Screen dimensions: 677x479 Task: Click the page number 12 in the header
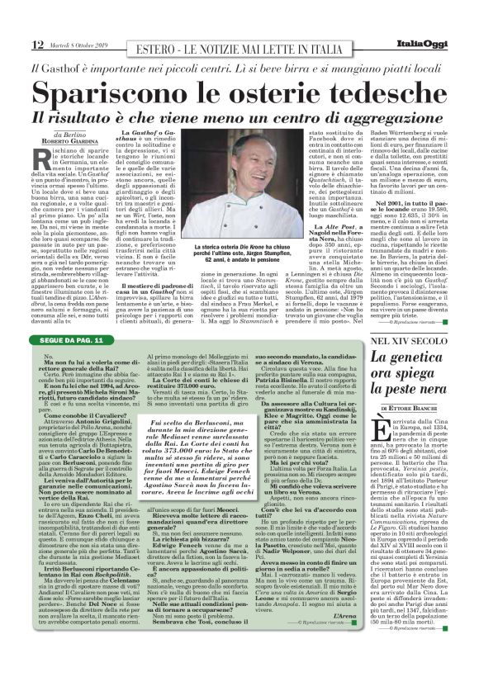pyautogui.click(x=14, y=44)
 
